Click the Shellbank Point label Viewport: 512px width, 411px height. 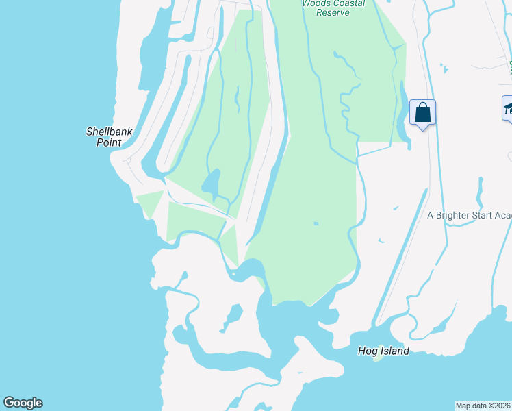pos(109,137)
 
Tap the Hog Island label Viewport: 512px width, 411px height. pos(383,351)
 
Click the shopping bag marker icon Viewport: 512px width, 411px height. pos(423,112)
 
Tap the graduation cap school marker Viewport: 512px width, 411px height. pos(509,108)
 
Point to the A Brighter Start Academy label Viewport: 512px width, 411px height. pos(470,215)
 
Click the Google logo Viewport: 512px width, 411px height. pos(23,403)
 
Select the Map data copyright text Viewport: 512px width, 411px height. pos(483,406)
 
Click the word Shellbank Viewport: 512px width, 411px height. pos(109,132)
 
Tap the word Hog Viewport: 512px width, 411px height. pos(368,351)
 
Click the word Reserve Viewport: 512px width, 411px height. pos(333,12)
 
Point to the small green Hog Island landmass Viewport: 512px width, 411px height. pos(378,359)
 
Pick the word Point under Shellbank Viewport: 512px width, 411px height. pos(109,142)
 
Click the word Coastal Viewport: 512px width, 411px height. pos(348,3)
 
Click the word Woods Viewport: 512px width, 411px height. pos(316,3)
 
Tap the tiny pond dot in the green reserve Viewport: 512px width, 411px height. pos(316,223)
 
